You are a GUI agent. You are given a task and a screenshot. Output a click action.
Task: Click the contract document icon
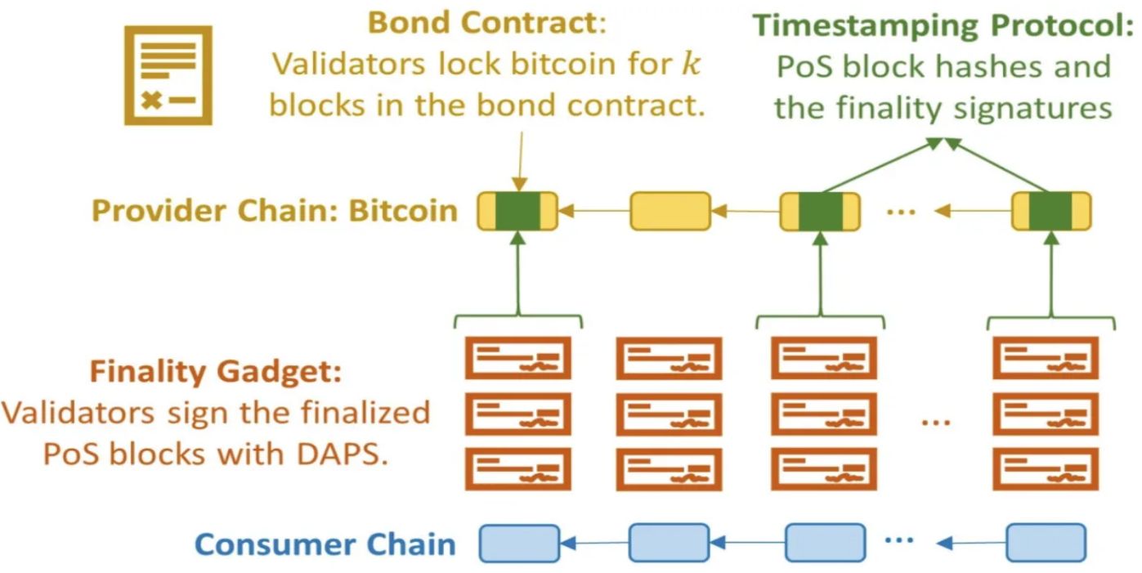[x=168, y=75]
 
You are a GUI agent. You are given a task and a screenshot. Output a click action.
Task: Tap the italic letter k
[x=691, y=65]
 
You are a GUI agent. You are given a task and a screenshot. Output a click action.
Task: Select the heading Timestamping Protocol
[x=941, y=25]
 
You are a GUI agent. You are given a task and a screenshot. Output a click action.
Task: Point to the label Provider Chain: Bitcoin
[x=274, y=211]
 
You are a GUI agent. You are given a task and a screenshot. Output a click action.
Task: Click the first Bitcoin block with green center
[x=517, y=211]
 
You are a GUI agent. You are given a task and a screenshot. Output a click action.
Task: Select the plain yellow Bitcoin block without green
[x=670, y=211]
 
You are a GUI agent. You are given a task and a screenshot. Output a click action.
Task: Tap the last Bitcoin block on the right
[x=1050, y=211]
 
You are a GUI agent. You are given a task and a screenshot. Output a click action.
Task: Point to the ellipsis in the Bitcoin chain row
[x=900, y=212]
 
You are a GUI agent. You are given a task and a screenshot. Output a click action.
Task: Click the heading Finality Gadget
[x=215, y=373]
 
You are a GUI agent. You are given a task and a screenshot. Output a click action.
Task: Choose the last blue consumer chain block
[x=1046, y=543]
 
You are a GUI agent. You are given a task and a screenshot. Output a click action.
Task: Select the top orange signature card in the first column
[x=518, y=357]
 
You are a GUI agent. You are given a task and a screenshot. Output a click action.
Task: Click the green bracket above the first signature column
[x=517, y=318]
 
